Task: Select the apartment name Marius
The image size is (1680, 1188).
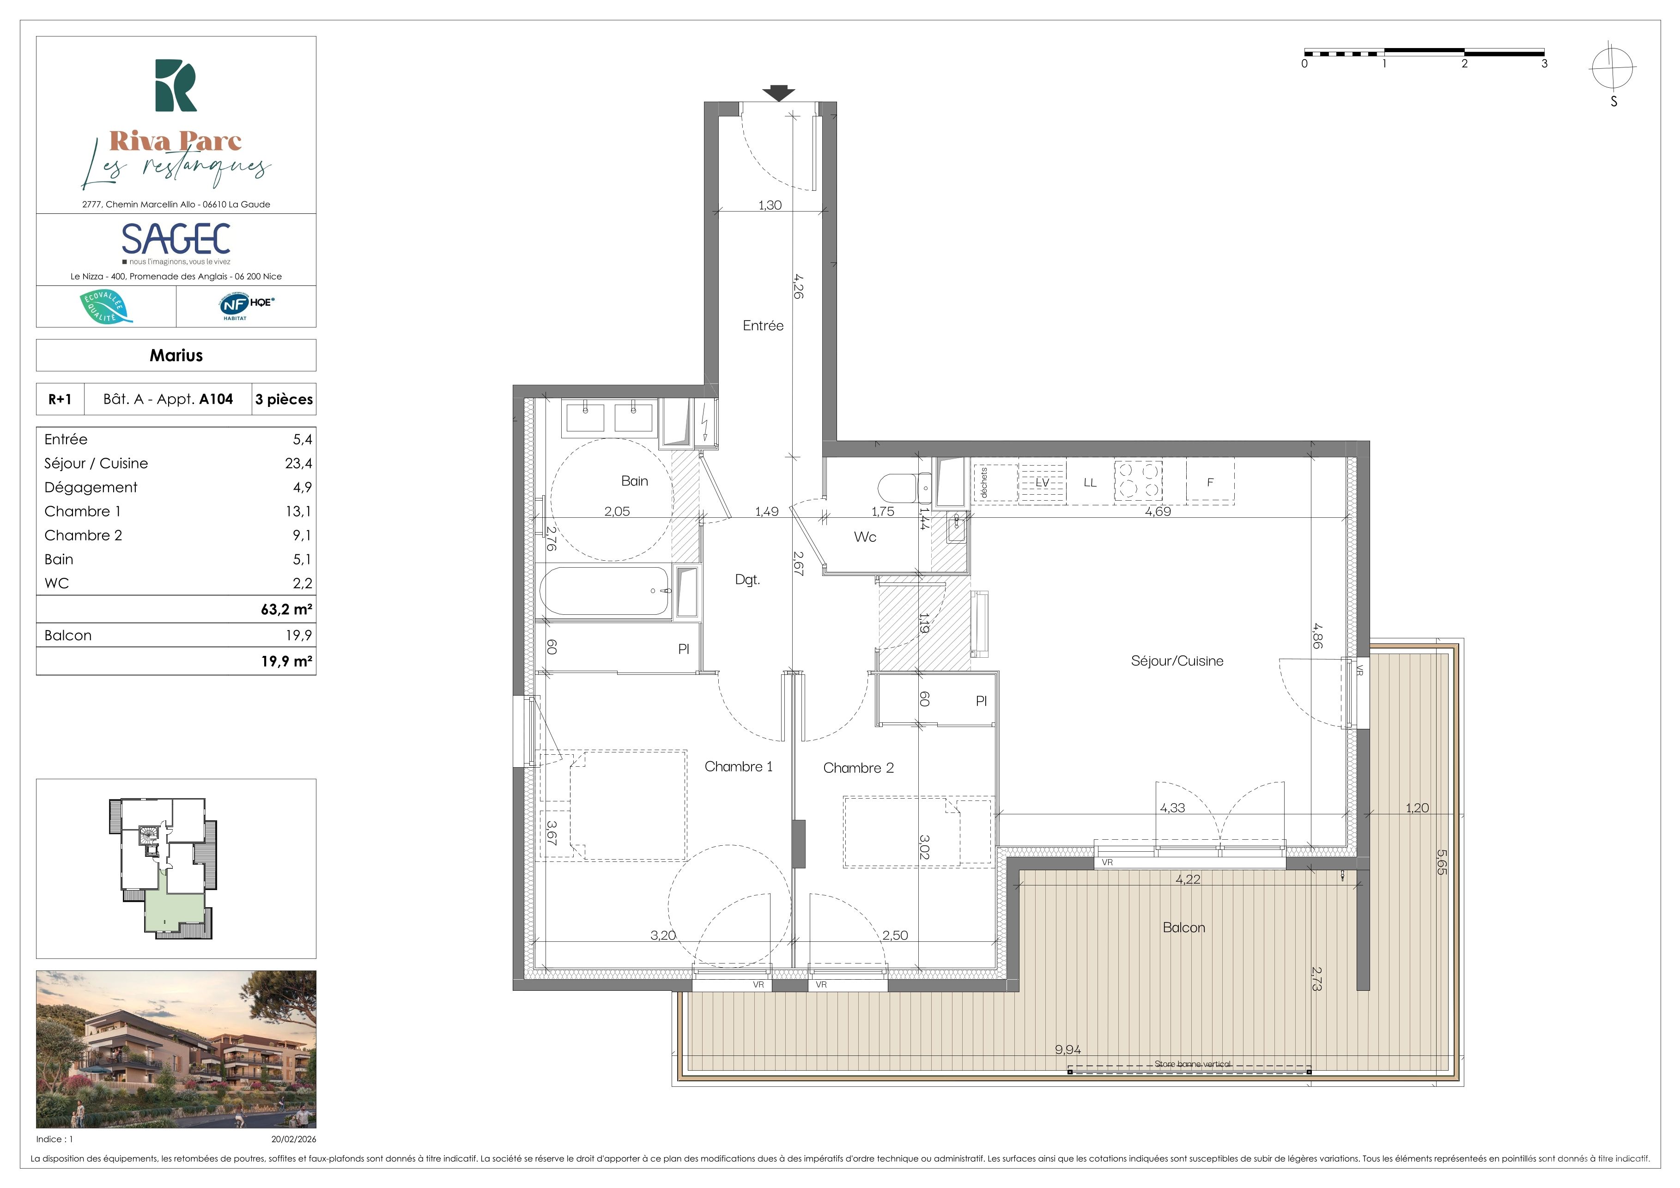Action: pos(176,356)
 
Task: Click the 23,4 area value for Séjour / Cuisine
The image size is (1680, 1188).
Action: pos(298,463)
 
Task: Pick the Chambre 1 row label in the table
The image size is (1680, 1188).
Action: pos(83,511)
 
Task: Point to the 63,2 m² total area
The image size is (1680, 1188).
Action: pos(287,609)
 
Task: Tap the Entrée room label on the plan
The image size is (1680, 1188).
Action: pos(763,326)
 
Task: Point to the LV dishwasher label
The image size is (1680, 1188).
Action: pos(1043,483)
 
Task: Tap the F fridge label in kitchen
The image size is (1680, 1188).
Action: pos(1210,482)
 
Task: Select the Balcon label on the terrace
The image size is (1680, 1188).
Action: pos(1184,927)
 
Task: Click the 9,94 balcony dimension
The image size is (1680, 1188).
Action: pos(1067,1050)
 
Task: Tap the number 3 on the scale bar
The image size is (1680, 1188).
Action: pos(1545,64)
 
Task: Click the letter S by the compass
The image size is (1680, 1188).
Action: pos(1613,102)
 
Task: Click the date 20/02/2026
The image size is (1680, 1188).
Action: pos(293,1139)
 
